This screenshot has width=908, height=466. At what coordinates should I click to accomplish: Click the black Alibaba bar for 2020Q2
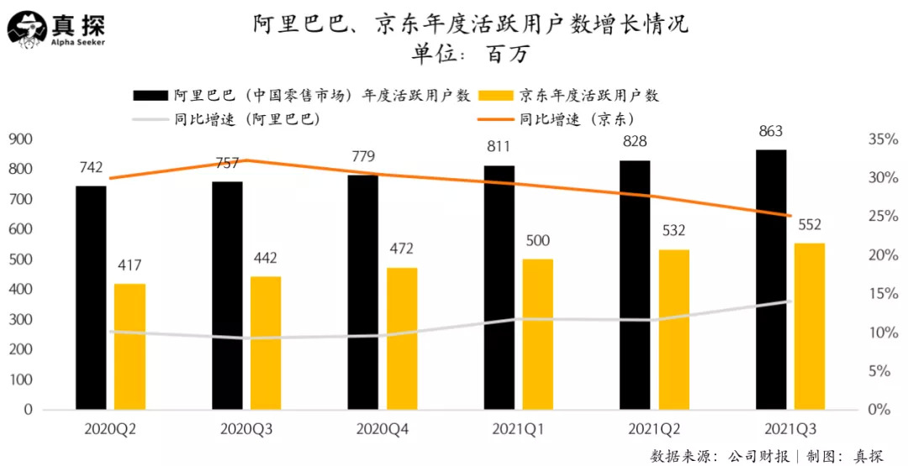(91, 297)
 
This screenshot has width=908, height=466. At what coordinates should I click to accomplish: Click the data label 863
(770, 131)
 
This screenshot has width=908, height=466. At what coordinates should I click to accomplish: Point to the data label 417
(129, 265)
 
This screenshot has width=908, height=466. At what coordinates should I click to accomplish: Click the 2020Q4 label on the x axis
(383, 429)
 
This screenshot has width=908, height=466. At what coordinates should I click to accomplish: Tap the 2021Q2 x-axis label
(654, 429)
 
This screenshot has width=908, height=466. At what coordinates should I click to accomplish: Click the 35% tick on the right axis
(883, 139)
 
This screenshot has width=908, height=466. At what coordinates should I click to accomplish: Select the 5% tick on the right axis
(879, 370)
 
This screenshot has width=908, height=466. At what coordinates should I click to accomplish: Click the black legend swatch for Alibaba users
(150, 95)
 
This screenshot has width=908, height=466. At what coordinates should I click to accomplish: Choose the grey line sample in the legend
(150, 119)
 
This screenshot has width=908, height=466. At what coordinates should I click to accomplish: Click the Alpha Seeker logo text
(77, 42)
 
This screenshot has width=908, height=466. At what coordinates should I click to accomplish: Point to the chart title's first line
(470, 24)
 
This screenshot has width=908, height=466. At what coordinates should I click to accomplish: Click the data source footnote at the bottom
(766, 456)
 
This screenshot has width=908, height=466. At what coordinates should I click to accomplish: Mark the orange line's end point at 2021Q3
(790, 216)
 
